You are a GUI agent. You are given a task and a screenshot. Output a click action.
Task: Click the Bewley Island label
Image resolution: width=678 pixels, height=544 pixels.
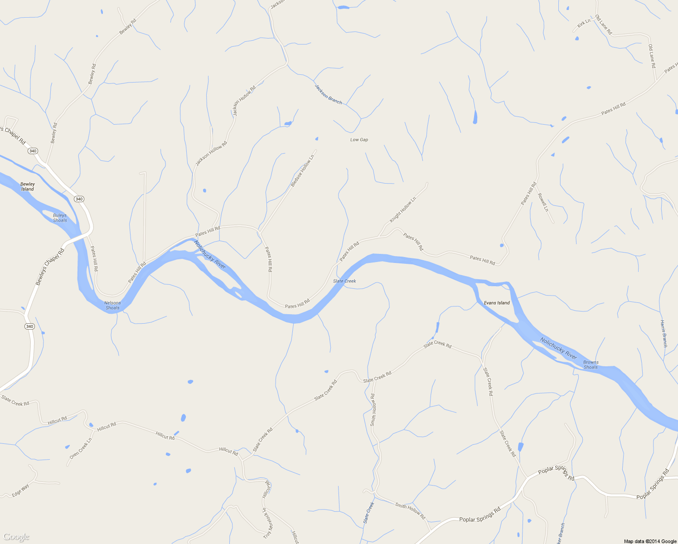(28, 187)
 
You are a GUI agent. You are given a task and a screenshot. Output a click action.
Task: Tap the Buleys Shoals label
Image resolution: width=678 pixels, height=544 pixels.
(60, 218)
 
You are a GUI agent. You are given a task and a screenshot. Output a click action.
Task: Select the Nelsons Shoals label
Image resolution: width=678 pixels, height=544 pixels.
(112, 306)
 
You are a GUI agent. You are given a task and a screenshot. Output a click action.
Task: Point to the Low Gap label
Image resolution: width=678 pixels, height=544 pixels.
(359, 140)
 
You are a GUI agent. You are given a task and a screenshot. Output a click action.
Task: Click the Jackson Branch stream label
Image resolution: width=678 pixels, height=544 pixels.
(328, 94)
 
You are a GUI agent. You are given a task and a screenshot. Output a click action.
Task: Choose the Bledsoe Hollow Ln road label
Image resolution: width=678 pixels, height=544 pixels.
(302, 171)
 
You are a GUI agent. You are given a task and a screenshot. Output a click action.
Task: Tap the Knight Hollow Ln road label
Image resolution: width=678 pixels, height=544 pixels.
(403, 209)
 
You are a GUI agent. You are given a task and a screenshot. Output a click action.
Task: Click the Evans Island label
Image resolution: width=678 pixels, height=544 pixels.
(497, 303)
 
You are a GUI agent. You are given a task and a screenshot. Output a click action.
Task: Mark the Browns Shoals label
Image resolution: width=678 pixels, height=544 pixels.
(591, 364)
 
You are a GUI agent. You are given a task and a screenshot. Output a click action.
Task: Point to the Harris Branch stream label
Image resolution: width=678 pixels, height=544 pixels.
(663, 334)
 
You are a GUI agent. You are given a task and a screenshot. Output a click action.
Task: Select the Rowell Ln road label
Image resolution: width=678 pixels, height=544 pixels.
(543, 202)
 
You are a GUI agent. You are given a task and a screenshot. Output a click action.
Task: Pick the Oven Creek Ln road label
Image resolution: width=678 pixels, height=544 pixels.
(81, 448)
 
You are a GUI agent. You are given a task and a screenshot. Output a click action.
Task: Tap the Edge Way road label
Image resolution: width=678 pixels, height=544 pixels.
(20, 490)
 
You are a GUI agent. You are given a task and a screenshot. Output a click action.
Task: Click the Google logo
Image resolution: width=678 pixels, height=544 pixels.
(16, 537)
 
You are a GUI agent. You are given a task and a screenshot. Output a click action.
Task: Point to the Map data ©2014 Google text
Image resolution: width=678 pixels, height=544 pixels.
(650, 541)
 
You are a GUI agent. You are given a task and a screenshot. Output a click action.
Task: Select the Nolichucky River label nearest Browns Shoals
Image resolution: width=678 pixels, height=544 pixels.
(558, 348)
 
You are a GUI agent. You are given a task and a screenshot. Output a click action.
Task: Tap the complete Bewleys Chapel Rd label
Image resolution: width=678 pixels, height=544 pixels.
(50, 267)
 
